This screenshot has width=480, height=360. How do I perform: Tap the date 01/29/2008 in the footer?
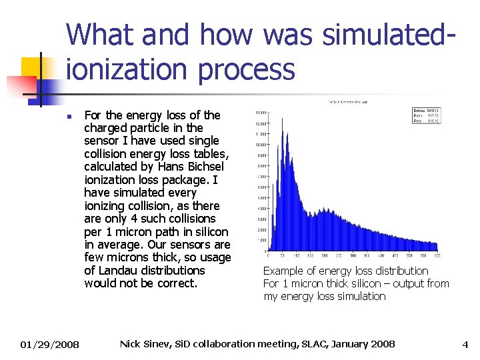click(x=49, y=345)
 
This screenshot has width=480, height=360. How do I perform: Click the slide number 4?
click(x=466, y=345)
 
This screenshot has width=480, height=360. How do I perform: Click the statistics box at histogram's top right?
click(x=425, y=115)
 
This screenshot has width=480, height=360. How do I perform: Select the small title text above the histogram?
click(x=347, y=102)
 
